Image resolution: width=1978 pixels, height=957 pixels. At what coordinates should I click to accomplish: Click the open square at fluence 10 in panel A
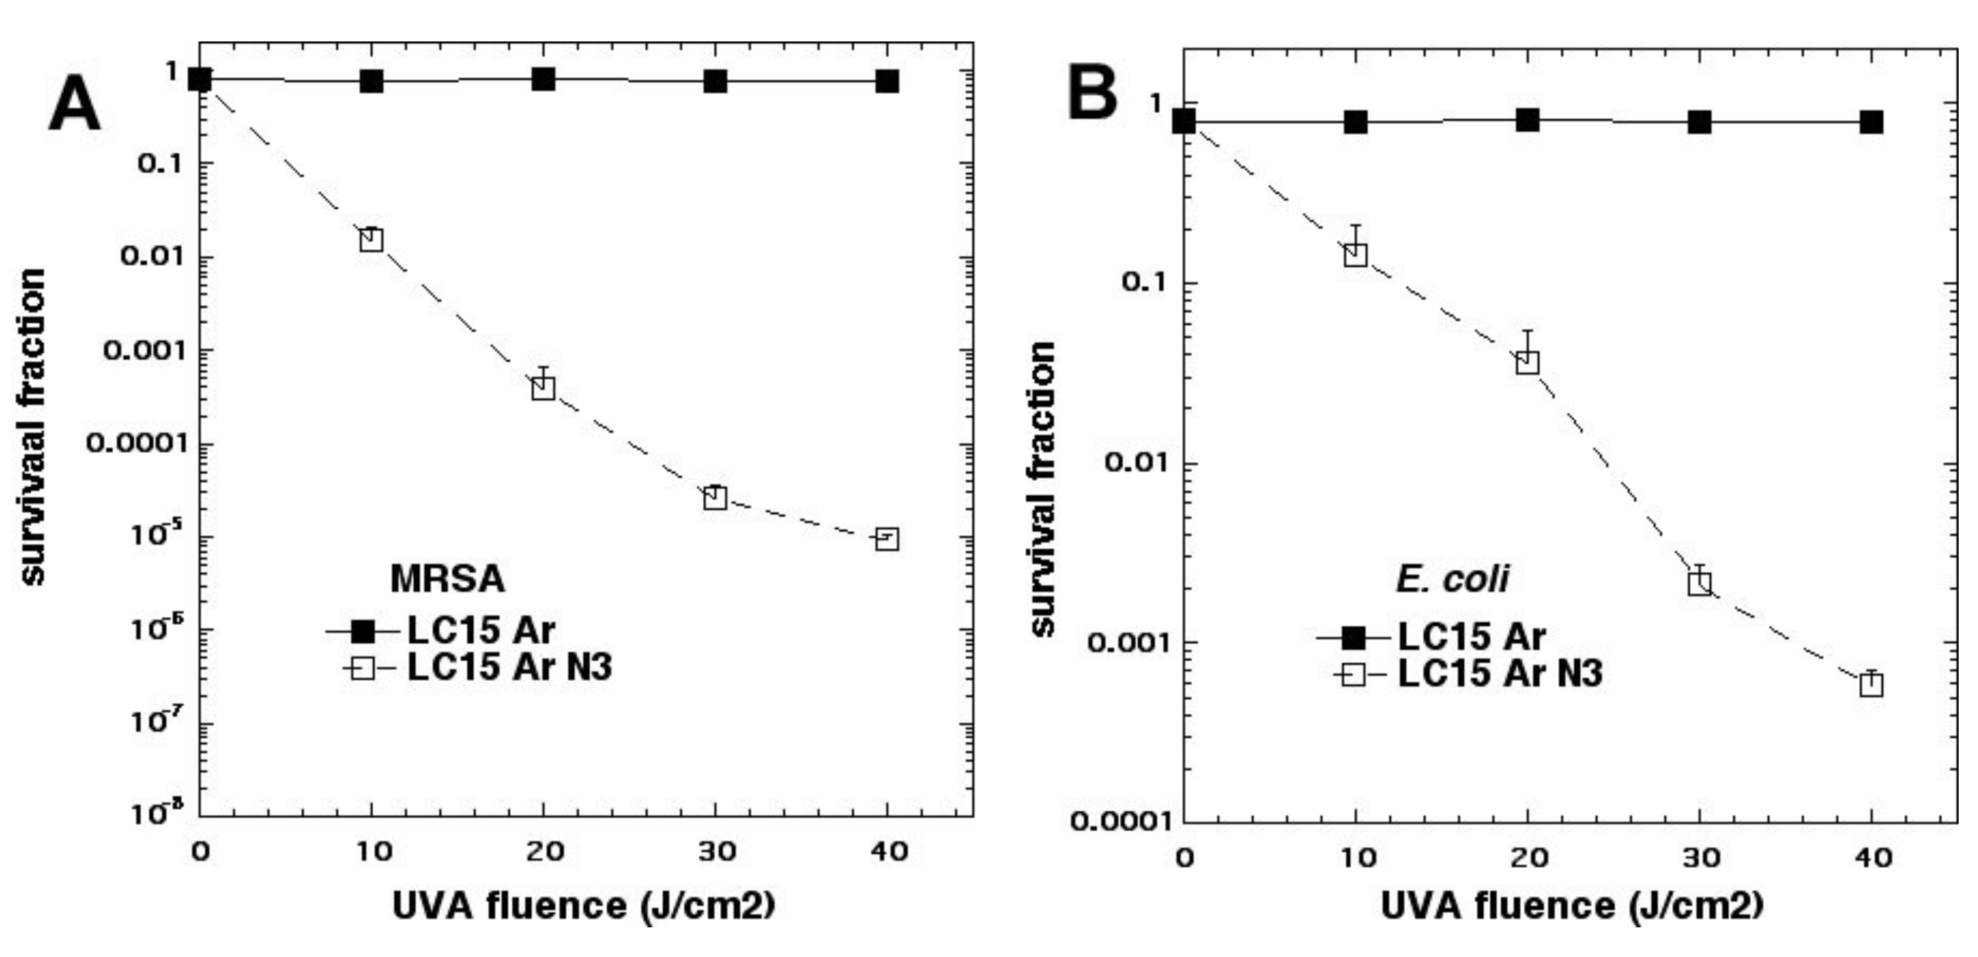click(x=371, y=240)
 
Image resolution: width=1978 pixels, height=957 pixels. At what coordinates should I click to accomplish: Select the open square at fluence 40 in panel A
click(x=887, y=539)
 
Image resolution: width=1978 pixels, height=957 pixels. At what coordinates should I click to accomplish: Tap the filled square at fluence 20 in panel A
click(x=543, y=78)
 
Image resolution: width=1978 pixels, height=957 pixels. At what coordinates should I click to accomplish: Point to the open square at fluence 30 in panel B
click(x=1700, y=583)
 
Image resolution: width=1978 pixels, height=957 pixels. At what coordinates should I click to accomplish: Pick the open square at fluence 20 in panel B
click(x=1528, y=362)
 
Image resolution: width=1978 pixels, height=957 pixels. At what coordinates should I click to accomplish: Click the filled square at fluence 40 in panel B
click(x=1871, y=122)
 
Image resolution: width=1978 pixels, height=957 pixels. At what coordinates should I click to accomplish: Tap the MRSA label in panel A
click(x=447, y=579)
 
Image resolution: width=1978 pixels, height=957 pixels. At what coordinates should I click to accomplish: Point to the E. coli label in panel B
click(x=1452, y=579)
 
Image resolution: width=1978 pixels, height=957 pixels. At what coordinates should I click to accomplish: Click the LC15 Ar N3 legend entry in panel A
click(x=509, y=667)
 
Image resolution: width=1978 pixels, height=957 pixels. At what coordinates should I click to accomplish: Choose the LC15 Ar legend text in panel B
click(x=1471, y=637)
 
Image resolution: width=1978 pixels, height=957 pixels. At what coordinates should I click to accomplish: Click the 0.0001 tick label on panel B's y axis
click(x=1122, y=822)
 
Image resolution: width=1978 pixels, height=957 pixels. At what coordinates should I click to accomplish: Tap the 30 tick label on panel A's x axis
click(x=717, y=851)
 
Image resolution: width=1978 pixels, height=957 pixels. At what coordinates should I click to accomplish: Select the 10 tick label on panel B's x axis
click(x=1357, y=857)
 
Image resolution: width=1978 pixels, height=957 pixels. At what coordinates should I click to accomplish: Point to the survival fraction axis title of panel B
click(x=1043, y=490)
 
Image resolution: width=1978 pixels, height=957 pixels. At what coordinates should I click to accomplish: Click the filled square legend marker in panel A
click(x=362, y=632)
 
